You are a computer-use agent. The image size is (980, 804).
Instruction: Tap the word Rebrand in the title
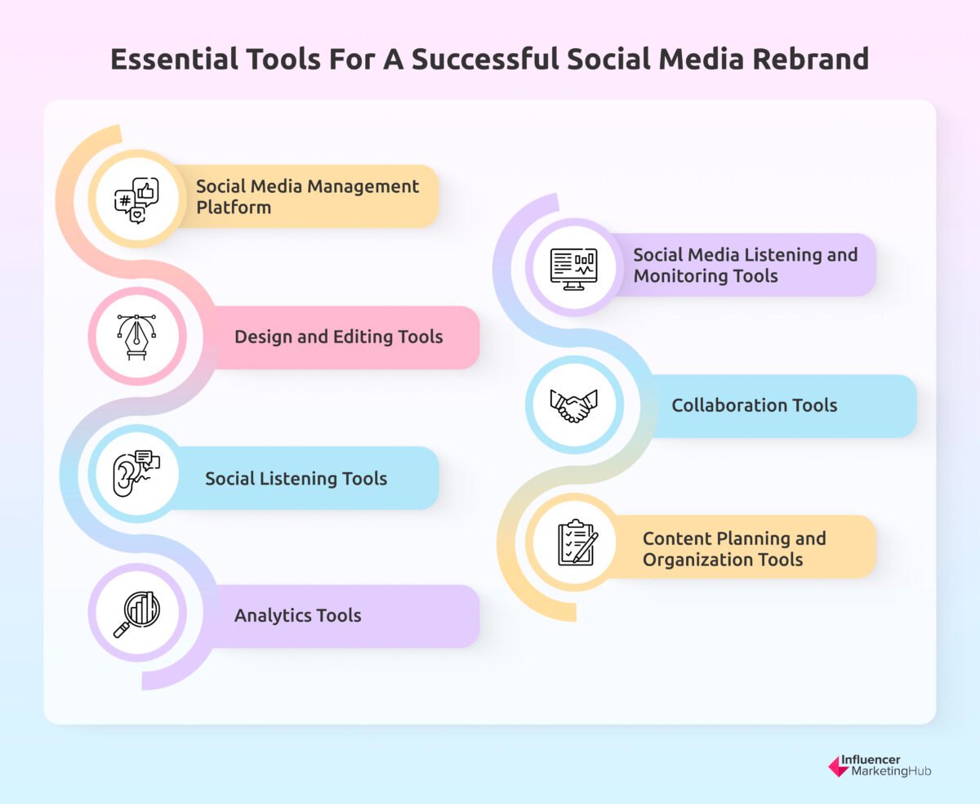coord(805,60)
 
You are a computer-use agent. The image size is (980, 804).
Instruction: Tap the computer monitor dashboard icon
coord(573,267)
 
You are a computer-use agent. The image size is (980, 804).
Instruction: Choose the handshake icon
coord(573,405)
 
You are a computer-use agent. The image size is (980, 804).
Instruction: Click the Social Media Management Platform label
coord(307,197)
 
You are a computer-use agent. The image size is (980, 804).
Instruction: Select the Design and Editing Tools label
coord(338,337)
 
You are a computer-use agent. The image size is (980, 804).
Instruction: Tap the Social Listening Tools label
coord(296,478)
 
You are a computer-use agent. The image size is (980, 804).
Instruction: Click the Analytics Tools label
coord(297,615)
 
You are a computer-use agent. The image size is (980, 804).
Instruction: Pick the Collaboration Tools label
coord(754,404)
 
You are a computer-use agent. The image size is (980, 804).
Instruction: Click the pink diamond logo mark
coord(838,766)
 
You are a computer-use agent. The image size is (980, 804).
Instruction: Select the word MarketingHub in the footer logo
coord(890,772)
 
